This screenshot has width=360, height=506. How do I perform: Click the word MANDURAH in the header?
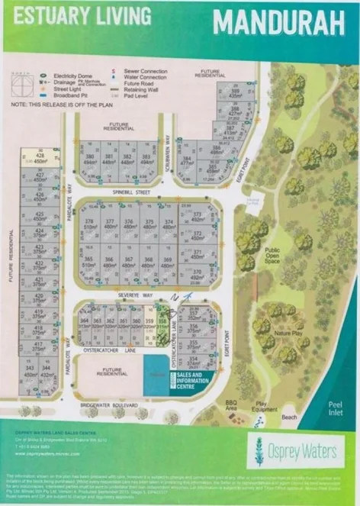coord(278,23)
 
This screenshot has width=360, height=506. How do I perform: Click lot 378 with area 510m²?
coord(91,225)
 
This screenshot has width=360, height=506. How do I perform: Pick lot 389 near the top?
coord(235,94)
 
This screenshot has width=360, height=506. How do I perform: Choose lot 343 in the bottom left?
coord(30,370)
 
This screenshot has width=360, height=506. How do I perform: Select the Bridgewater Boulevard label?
coord(114,404)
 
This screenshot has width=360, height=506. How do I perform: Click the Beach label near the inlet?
coord(289,417)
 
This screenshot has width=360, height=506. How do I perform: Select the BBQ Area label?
coord(230,404)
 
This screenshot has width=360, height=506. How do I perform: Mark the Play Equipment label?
coord(260,409)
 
